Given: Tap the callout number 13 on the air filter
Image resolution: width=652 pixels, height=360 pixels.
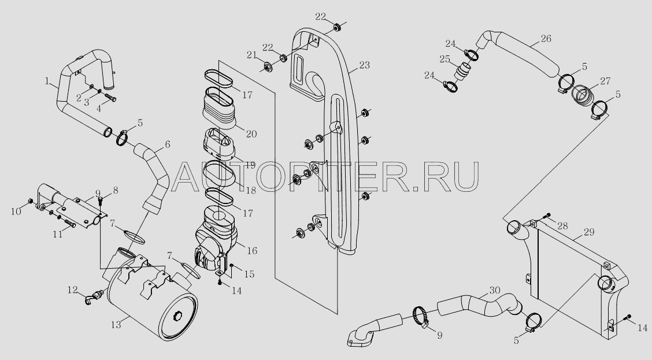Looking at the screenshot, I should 116,325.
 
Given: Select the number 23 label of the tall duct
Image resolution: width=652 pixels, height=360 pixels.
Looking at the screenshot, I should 364,65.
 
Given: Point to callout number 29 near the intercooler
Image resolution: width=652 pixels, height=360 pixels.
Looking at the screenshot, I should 588,232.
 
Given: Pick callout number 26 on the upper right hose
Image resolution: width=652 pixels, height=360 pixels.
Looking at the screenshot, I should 546,39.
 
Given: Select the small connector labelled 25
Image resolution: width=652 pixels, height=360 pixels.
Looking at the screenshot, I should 463,73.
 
